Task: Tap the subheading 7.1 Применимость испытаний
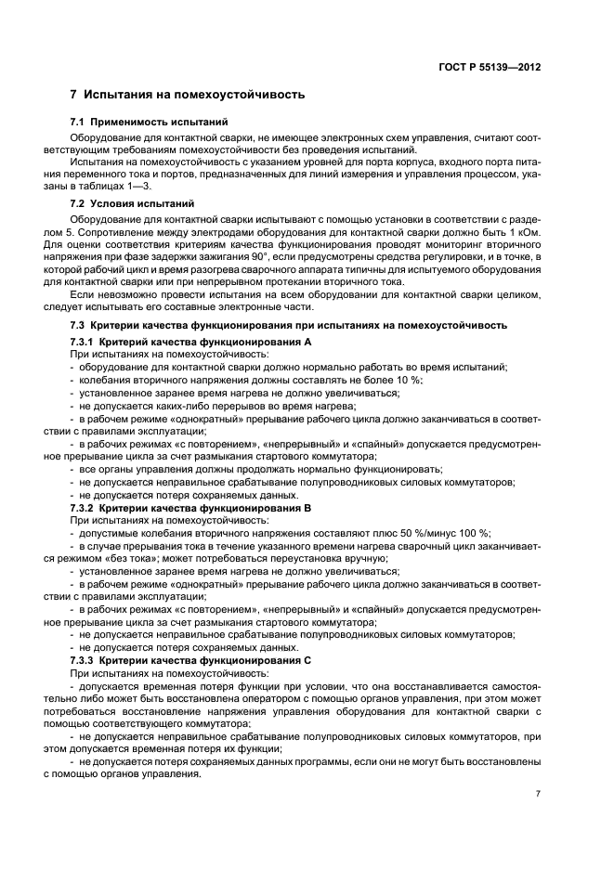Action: coord(150,123)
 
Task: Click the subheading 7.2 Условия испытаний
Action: coord(133,202)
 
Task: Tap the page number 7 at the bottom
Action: coord(538,794)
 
